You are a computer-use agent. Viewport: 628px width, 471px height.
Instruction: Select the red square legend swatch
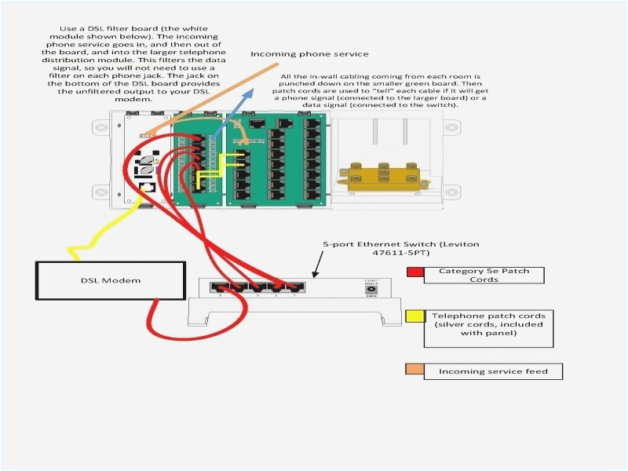[x=414, y=273]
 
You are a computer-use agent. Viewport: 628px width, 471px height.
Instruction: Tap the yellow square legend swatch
[x=414, y=318]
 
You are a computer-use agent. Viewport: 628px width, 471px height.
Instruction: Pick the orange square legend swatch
[x=414, y=370]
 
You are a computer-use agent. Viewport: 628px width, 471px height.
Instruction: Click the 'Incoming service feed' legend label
[x=493, y=371]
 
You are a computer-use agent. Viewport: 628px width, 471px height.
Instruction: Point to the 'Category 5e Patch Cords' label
[x=484, y=275]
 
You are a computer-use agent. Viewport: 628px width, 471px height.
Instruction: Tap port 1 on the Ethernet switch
[x=294, y=287]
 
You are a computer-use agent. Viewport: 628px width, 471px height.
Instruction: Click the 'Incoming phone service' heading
[x=309, y=53]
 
